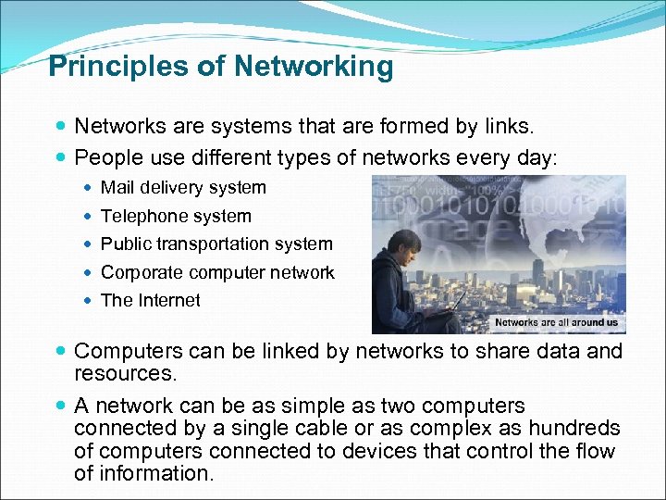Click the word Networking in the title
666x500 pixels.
[314, 67]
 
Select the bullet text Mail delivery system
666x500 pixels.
[183, 188]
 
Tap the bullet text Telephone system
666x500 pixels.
[176, 217]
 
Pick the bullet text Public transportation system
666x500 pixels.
[216, 244]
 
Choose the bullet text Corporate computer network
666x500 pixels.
[217, 272]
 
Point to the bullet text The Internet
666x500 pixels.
[150, 300]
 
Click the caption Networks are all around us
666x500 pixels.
[556, 322]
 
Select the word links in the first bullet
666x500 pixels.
[507, 125]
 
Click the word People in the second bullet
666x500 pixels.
[105, 157]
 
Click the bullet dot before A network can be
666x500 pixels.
[60, 406]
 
